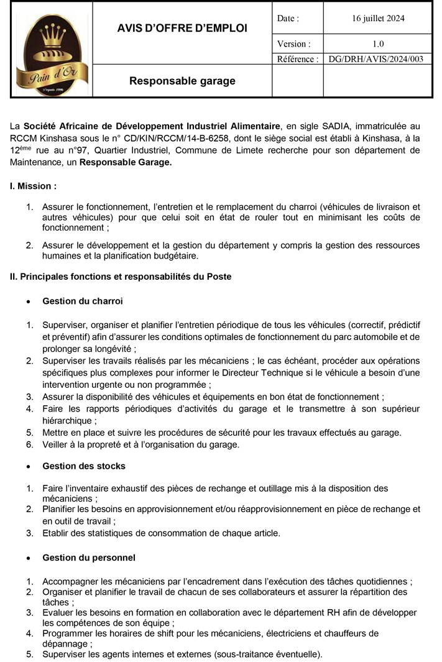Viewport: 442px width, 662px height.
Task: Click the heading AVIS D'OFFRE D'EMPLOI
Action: (x=182, y=28)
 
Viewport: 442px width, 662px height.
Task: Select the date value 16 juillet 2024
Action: (x=378, y=19)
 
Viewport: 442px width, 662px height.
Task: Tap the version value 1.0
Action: (x=378, y=44)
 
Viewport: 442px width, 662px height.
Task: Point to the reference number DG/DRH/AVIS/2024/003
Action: (x=378, y=60)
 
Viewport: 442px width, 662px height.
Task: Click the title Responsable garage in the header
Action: (x=182, y=81)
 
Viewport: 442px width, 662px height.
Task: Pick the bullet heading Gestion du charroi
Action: (x=83, y=301)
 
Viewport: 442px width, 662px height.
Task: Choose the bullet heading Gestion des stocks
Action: (x=84, y=466)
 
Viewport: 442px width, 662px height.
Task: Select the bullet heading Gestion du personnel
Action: (x=89, y=558)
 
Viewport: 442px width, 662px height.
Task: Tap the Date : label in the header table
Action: (x=288, y=19)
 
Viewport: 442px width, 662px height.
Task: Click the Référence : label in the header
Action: (x=297, y=60)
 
